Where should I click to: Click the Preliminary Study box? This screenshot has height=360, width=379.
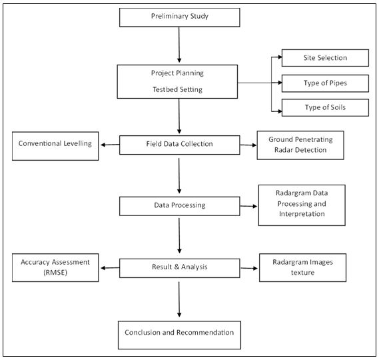pyautogui.click(x=180, y=17)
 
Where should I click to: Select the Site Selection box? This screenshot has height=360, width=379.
pyautogui.click(x=325, y=58)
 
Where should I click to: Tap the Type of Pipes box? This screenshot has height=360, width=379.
pyautogui.click(x=325, y=83)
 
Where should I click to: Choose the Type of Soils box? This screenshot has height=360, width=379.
pyautogui.click(x=325, y=107)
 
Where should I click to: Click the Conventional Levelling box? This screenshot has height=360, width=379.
pyautogui.click(x=55, y=146)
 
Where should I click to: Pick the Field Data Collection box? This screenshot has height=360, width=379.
pyautogui.click(x=180, y=145)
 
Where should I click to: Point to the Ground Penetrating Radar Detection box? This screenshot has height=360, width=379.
pyautogui.click(x=300, y=145)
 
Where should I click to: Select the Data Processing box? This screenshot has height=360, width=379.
pyautogui.click(x=180, y=206)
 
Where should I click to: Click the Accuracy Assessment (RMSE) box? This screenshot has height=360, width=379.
pyautogui.click(x=55, y=267)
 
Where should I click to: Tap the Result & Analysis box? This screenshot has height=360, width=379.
pyautogui.click(x=180, y=268)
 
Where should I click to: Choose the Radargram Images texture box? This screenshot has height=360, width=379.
pyautogui.click(x=302, y=267)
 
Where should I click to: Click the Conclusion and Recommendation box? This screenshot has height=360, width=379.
pyautogui.click(x=179, y=335)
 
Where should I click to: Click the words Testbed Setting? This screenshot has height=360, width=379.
pyautogui.click(x=178, y=89)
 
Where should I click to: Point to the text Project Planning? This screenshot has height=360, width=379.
pyautogui.click(x=177, y=73)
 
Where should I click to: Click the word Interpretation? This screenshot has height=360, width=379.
pyautogui.click(x=302, y=214)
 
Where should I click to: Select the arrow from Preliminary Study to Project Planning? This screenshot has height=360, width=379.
pyautogui.click(x=179, y=45)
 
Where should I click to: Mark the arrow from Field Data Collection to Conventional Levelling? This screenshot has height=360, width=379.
pyautogui.click(x=110, y=145)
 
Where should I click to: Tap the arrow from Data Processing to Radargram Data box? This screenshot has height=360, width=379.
pyautogui.click(x=248, y=206)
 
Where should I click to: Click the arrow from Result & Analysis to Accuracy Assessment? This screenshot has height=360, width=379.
pyautogui.click(x=110, y=268)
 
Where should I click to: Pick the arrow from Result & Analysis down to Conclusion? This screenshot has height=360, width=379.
pyautogui.click(x=179, y=299)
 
